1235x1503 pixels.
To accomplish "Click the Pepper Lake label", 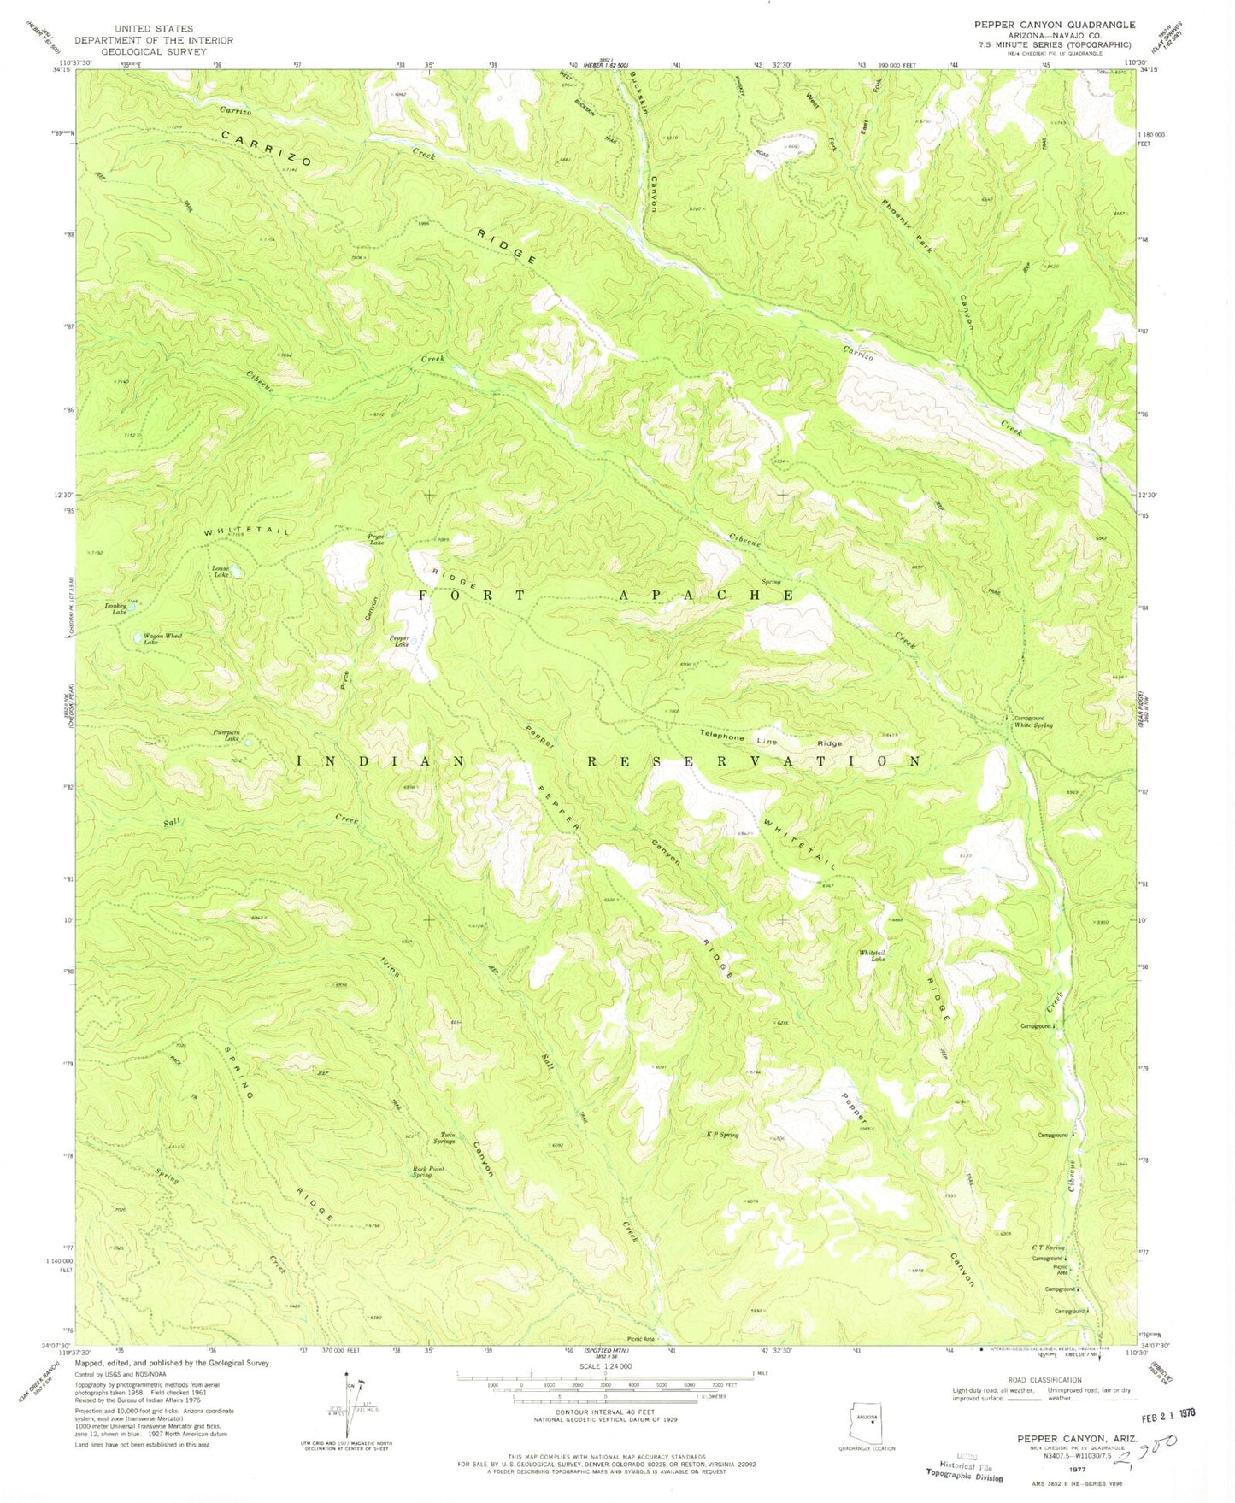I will click(x=398, y=641).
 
